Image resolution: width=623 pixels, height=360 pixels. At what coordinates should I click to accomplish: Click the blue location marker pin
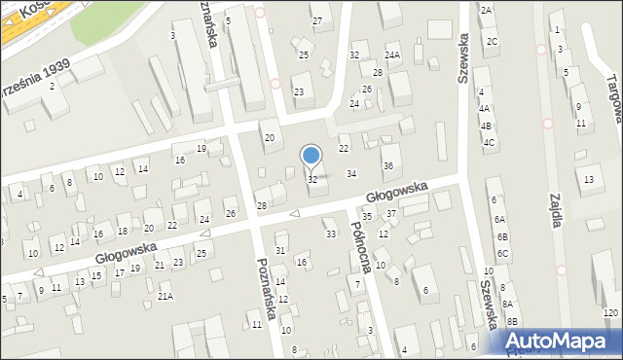(x=311, y=155)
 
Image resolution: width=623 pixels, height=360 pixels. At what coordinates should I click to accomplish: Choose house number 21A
(x=165, y=297)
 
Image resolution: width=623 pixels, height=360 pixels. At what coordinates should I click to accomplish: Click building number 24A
(x=391, y=54)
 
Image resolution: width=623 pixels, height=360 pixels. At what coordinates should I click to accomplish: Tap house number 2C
(x=493, y=41)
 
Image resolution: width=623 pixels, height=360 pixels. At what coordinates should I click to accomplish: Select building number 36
(x=387, y=165)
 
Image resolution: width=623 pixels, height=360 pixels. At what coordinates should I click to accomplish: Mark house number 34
(x=351, y=173)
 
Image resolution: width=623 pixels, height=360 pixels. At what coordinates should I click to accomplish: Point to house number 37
(x=391, y=213)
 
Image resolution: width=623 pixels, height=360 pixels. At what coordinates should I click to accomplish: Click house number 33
(x=330, y=234)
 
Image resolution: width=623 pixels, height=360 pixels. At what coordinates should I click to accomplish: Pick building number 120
(x=610, y=312)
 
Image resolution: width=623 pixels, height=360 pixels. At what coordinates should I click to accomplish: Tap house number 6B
(x=502, y=236)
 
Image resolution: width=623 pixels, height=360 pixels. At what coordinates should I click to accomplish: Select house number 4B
(x=485, y=126)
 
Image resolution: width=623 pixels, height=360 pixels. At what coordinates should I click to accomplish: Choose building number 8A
(x=507, y=305)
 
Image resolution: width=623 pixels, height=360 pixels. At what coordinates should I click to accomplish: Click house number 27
(x=316, y=20)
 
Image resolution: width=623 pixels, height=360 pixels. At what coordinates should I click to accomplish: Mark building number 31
(x=280, y=250)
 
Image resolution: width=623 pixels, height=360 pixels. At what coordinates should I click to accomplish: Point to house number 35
(x=367, y=216)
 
